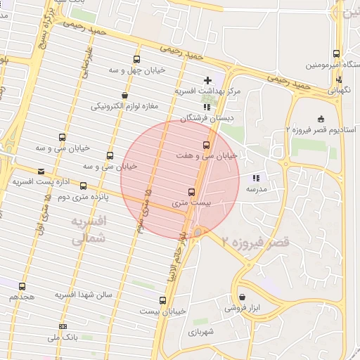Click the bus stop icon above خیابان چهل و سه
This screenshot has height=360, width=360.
pos(136,59)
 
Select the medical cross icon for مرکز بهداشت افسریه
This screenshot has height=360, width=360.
pos(207,80)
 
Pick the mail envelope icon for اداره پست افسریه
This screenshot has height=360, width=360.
pos(41,171)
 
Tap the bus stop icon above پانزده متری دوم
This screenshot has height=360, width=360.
pos(84,186)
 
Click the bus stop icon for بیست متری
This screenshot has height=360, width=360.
pos(191,192)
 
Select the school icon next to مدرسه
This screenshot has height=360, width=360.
pos(256,179)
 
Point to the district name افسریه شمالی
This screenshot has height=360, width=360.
pos(89,230)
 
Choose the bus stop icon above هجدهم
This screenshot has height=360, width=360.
pos(22,286)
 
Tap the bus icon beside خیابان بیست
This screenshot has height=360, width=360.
pos(163,301)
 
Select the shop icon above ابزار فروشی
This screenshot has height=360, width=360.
pos(243,297)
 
